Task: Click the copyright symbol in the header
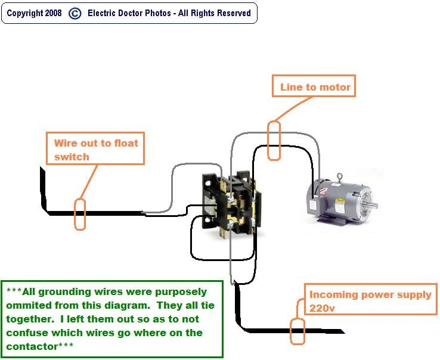pos(75,13)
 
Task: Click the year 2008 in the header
pos(53,13)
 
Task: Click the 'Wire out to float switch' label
pos(95,149)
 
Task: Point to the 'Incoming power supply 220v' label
pos(370,301)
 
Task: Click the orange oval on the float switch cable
pos(79,215)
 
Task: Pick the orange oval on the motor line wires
pos(274,141)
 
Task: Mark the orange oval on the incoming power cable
pos(296,331)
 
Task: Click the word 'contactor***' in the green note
pos(41,346)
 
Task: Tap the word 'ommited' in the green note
pos(25,305)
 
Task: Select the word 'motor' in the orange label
pos(336,87)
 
